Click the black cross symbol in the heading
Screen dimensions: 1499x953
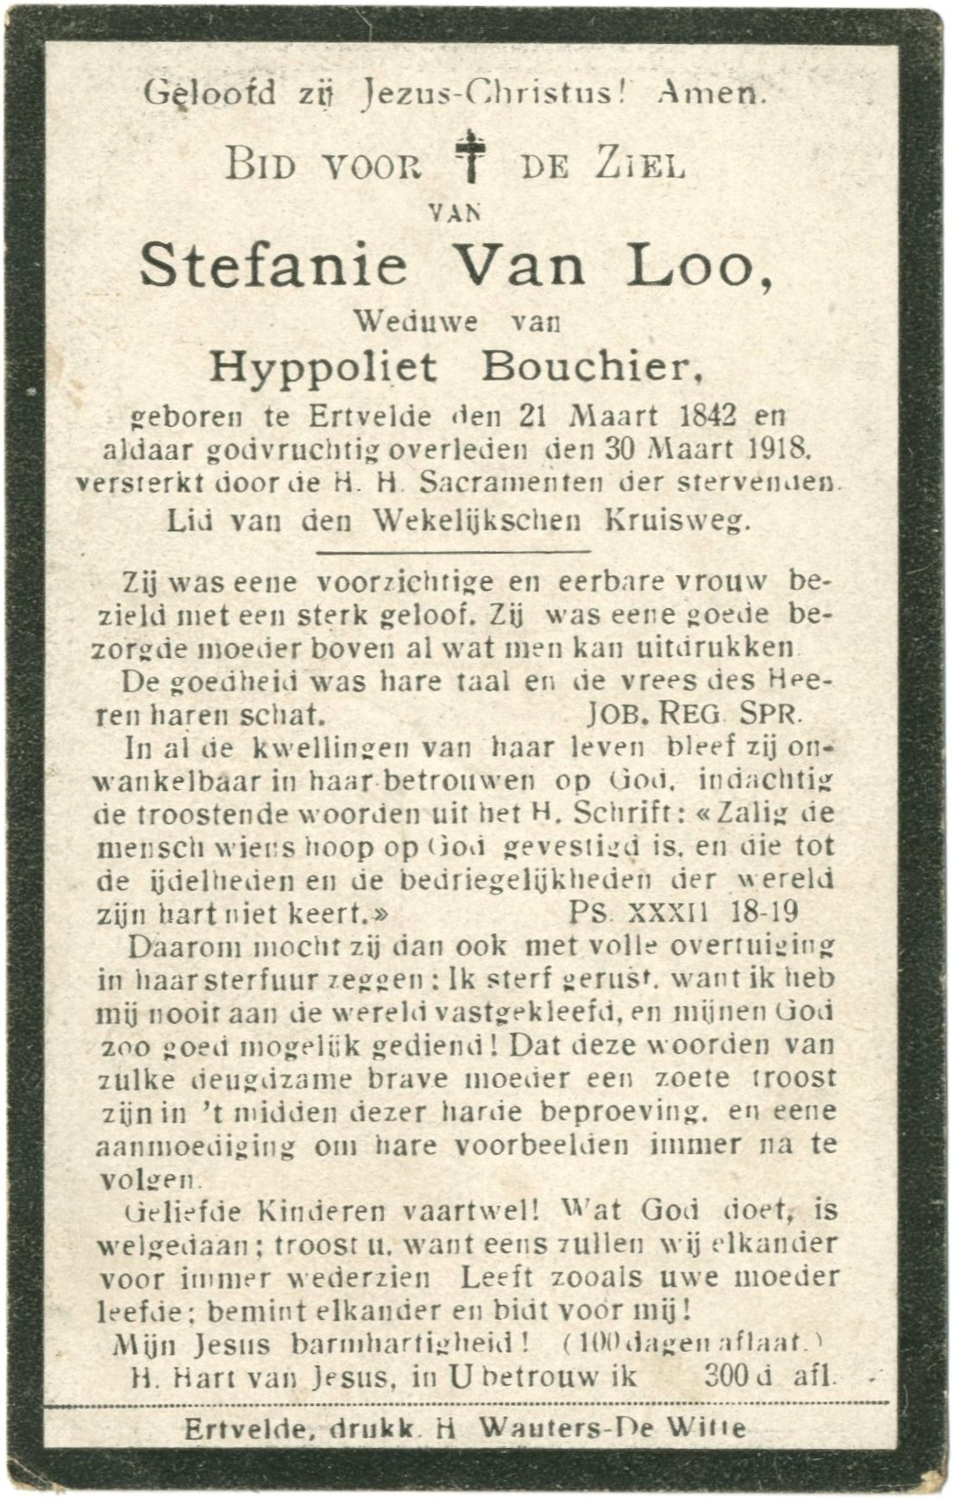click(x=471, y=155)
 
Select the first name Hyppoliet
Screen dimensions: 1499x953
click(x=323, y=368)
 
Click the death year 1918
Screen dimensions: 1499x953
click(x=780, y=448)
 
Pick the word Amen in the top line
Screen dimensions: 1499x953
click(x=710, y=92)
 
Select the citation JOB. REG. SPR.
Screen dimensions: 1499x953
click(x=693, y=713)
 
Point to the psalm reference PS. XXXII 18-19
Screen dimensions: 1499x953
click(x=683, y=912)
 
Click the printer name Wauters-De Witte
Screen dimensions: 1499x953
click(x=613, y=1427)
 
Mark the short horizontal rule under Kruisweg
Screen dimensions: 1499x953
click(x=454, y=551)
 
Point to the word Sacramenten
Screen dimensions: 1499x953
click(x=505, y=484)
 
